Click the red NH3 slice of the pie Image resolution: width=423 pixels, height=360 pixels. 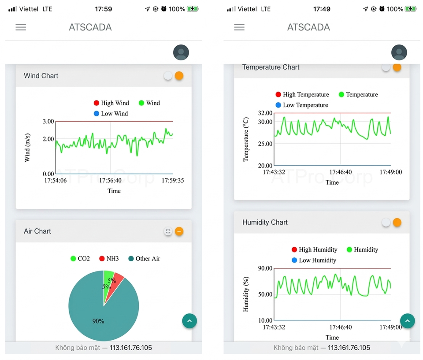(x=117, y=282)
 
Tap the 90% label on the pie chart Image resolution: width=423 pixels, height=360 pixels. (x=98, y=321)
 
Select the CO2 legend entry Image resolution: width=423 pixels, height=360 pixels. (x=80, y=259)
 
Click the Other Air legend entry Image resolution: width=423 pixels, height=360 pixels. (x=144, y=259)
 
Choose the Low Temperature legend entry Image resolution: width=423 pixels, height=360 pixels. (x=302, y=105)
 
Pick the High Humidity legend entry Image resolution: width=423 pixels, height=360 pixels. (x=314, y=249)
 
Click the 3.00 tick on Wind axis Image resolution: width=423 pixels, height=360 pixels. (x=48, y=121)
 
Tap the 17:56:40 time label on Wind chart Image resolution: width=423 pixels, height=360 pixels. (x=110, y=180)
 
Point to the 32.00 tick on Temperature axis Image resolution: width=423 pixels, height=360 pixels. (x=266, y=113)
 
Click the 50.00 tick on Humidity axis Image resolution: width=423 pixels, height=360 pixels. (x=266, y=294)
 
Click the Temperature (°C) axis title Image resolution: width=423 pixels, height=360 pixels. (x=246, y=139)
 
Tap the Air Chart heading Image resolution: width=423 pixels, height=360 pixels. (x=37, y=231)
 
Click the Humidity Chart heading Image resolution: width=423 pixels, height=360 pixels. (x=265, y=222)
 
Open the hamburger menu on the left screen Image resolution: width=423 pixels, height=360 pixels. (x=21, y=27)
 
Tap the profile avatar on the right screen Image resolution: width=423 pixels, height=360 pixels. (x=399, y=52)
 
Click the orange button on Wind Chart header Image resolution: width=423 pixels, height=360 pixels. (x=179, y=76)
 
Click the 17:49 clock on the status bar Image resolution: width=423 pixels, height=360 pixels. (x=322, y=9)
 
